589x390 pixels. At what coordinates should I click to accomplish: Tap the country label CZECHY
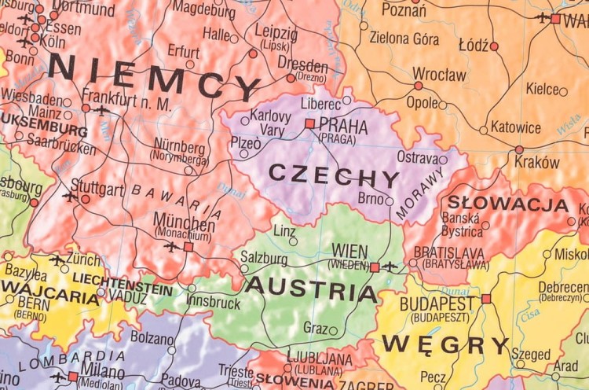(334, 175)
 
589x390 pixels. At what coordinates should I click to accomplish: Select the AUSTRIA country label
(311, 289)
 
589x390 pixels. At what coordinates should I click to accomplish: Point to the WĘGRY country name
(446, 344)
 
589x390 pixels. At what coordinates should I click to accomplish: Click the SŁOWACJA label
(508, 204)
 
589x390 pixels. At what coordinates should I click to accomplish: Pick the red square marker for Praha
(310, 123)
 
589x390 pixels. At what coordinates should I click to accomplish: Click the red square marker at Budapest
(486, 299)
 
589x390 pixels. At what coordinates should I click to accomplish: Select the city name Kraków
(537, 163)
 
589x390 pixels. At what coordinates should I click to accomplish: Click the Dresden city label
(302, 64)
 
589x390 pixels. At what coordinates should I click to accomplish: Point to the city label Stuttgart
(97, 189)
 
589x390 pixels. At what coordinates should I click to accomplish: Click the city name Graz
(315, 327)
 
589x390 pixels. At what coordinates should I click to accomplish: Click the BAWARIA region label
(177, 201)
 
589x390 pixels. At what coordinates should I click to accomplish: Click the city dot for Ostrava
(443, 160)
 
